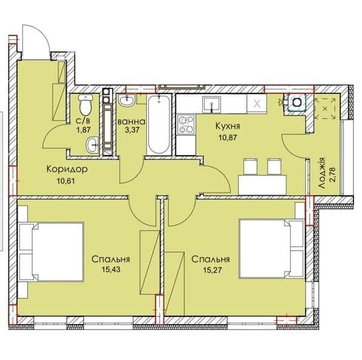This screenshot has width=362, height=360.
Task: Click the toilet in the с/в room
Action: (85, 105)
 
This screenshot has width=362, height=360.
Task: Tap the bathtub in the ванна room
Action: (159, 125)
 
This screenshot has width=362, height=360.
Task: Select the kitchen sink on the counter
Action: (211, 105)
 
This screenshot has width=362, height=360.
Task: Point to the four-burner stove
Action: (186, 124)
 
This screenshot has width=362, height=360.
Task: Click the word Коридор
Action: (67, 169)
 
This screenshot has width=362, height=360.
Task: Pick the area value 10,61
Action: (66, 181)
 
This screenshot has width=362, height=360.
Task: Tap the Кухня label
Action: (228, 126)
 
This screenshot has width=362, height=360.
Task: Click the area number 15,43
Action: (111, 269)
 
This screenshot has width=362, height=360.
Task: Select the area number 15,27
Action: (212, 270)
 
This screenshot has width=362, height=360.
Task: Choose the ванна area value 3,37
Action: (133, 130)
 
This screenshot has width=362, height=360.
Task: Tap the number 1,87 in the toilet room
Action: (84, 129)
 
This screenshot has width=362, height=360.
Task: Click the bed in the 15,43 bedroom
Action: (51, 252)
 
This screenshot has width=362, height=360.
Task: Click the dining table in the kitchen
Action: (262, 185)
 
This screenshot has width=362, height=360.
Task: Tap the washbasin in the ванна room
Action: (127, 101)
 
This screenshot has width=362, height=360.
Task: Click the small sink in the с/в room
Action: (93, 145)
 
